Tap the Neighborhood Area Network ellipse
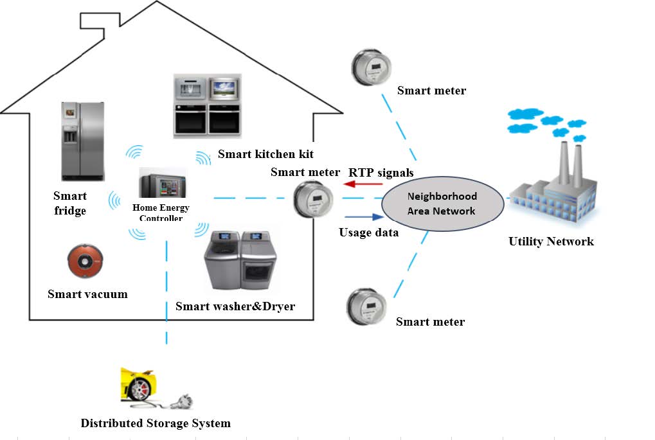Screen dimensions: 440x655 click(442, 202)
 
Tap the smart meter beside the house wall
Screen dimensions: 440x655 click(314, 199)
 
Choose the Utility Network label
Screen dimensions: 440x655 click(551, 242)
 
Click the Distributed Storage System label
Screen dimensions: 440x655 click(155, 423)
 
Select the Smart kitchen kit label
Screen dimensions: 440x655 click(265, 154)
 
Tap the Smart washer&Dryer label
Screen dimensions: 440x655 click(235, 306)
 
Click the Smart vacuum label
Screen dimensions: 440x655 click(87, 294)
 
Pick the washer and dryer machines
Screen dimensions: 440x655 click(240, 260)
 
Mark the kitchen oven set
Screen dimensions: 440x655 click(207, 105)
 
